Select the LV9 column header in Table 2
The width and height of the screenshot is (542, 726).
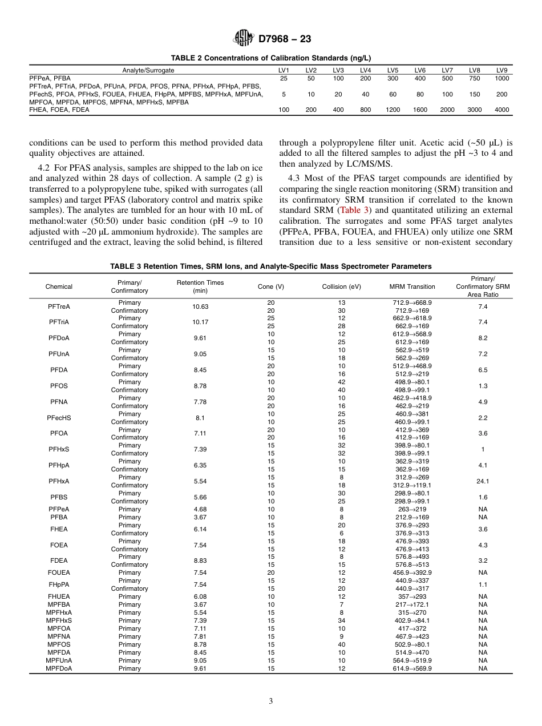click(501, 70)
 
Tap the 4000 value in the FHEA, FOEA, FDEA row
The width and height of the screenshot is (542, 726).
click(501, 110)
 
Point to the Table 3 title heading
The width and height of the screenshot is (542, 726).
click(270, 267)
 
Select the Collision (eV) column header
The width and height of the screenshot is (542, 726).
click(341, 287)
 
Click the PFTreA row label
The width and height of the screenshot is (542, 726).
click(59, 306)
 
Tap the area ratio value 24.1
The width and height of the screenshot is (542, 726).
click(483, 481)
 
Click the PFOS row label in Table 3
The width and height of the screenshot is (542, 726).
click(59, 386)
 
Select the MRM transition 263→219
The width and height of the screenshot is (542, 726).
click(412, 509)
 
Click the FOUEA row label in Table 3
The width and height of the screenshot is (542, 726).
click(59, 572)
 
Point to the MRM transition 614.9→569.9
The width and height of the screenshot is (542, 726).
click(412, 668)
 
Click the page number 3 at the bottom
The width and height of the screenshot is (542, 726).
click(270, 701)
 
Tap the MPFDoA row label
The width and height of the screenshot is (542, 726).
click(59, 668)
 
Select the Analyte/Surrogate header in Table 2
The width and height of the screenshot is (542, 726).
click(148, 70)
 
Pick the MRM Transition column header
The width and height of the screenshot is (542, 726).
click(412, 287)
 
